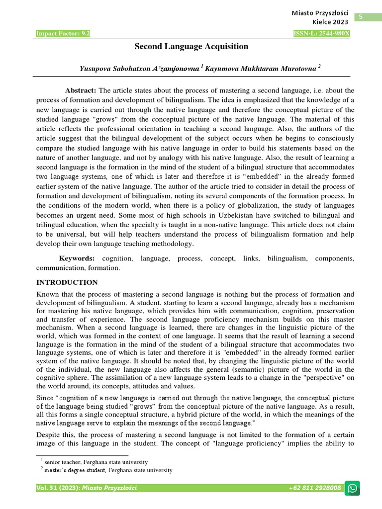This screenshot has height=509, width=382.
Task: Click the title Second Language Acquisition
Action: [191, 47]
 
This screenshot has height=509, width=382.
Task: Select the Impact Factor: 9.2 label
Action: [63, 34]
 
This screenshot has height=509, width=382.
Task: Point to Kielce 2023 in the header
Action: [330, 22]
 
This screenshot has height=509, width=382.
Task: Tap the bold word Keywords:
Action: [77, 259]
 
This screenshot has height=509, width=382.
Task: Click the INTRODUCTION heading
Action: [67, 282]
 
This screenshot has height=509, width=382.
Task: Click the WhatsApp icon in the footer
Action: [353, 488]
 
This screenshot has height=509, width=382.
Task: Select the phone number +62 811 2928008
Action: [315, 488]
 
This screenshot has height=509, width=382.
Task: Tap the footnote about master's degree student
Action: [106, 470]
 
